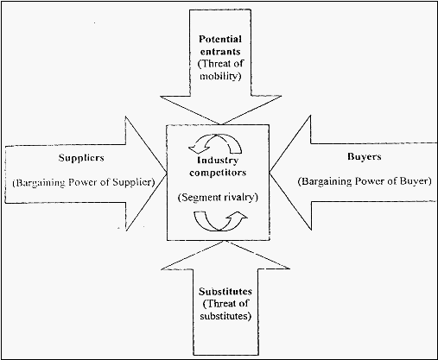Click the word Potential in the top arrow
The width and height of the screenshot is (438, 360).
[220, 39]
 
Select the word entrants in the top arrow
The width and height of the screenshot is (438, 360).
[220, 52]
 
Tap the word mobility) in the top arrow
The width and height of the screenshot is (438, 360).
[220, 76]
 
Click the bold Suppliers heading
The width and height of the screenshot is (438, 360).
[81, 158]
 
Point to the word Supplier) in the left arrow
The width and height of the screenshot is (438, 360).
[133, 182]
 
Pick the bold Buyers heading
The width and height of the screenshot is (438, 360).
[365, 157]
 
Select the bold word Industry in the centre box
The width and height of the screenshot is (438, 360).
[218, 161]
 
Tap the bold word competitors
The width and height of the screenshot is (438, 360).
[218, 173]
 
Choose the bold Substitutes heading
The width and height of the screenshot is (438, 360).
[225, 292]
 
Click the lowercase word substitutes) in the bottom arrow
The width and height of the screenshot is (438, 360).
[225, 316]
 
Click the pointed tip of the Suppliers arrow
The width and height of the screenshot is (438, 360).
[167, 174]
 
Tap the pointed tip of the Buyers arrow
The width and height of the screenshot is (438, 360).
[270, 173]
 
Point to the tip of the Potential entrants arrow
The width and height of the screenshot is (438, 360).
[221, 124]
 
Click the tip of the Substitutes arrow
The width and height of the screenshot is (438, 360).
[225, 241]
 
